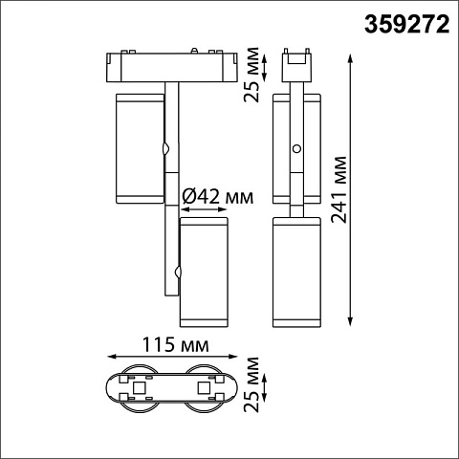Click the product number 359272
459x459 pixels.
(407, 25)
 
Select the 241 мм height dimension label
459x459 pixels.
(339, 189)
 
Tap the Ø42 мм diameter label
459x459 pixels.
(218, 196)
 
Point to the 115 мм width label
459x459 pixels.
(175, 344)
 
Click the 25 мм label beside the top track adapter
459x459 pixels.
(251, 75)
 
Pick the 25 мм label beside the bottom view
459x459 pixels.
(251, 384)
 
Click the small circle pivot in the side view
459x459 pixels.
(297, 148)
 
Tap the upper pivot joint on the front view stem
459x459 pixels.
(165, 148)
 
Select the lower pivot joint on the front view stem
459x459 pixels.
(178, 272)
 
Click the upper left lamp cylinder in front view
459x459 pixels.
(140, 148)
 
